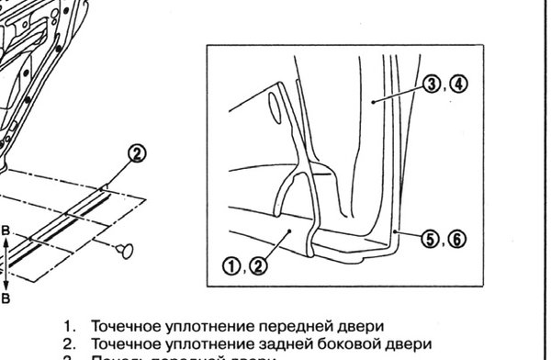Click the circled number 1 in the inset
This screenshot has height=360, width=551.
231,268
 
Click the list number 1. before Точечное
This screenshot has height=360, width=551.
69,326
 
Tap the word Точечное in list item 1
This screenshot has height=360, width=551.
124,326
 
